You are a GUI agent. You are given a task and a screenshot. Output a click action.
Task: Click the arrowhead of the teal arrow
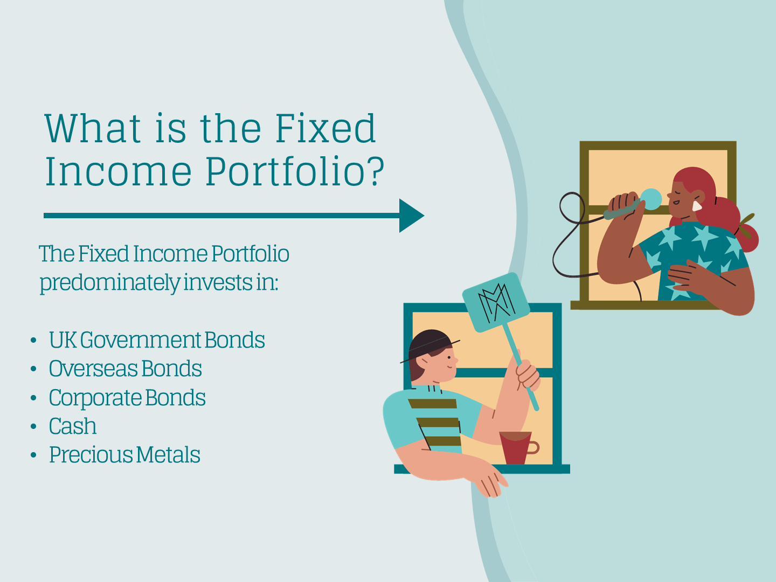click(x=411, y=216)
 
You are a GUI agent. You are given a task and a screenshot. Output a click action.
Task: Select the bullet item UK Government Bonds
click(x=157, y=340)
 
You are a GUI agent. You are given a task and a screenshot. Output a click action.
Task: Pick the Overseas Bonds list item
click(x=125, y=369)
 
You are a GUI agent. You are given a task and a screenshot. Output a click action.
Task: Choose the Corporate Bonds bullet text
click(x=127, y=398)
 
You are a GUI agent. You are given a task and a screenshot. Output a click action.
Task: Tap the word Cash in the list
click(x=73, y=426)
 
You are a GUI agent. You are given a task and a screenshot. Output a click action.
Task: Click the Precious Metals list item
click(x=124, y=455)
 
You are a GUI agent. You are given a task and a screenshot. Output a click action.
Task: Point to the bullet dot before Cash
click(x=33, y=427)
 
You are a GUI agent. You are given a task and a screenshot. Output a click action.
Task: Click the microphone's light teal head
click(x=650, y=199)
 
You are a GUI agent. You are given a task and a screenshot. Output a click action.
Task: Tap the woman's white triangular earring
click(x=697, y=206)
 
